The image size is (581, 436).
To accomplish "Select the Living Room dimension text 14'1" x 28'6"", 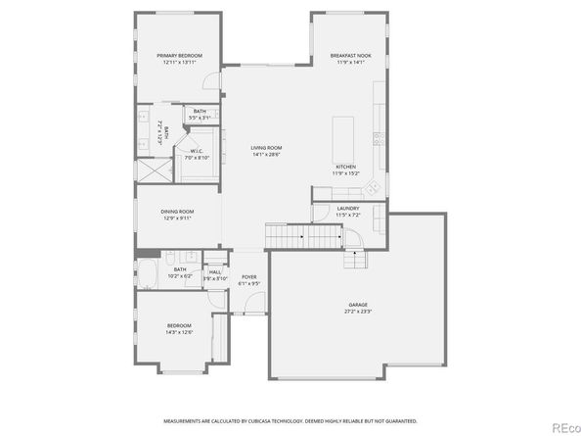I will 265,153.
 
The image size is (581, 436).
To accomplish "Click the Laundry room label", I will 347,208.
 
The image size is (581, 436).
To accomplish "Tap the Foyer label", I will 248,277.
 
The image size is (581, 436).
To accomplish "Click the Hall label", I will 214,272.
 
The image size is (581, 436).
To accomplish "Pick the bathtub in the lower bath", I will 149,273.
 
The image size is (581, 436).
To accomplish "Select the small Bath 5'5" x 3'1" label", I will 199,112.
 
